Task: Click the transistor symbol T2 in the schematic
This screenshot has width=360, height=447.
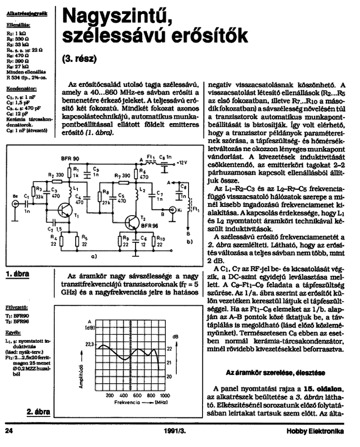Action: [x=131, y=222]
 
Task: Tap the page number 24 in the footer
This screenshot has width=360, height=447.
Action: [x=9, y=431]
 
